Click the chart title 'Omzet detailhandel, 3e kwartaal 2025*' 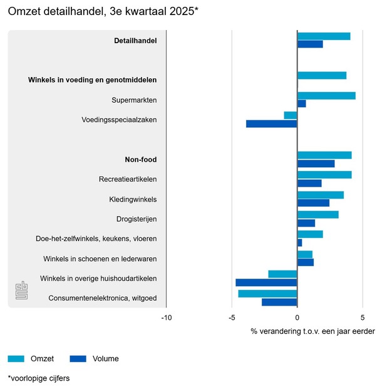[x=103, y=12]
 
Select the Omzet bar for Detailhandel [x=324, y=36]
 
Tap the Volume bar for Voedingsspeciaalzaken [x=272, y=124]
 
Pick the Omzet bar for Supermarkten [x=326, y=96]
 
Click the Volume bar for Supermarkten [x=302, y=104]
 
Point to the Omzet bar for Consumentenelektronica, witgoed [x=267, y=294]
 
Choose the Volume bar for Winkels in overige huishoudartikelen [x=266, y=282]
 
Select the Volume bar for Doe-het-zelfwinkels [x=300, y=243]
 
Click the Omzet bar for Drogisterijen [x=318, y=215]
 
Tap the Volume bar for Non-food [x=316, y=163]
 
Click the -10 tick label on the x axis [x=166, y=317]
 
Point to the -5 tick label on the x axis [x=232, y=317]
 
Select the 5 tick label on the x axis [x=363, y=317]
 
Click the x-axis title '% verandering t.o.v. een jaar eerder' [x=312, y=331]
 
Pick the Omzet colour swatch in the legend [x=16, y=359]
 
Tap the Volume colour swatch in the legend [x=78, y=359]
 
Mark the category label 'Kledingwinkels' [x=133, y=199]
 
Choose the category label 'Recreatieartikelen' [x=128, y=179]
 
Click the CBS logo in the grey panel [x=21, y=291]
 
